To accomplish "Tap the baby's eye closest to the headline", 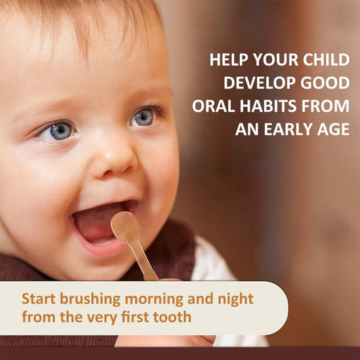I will (143, 118).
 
